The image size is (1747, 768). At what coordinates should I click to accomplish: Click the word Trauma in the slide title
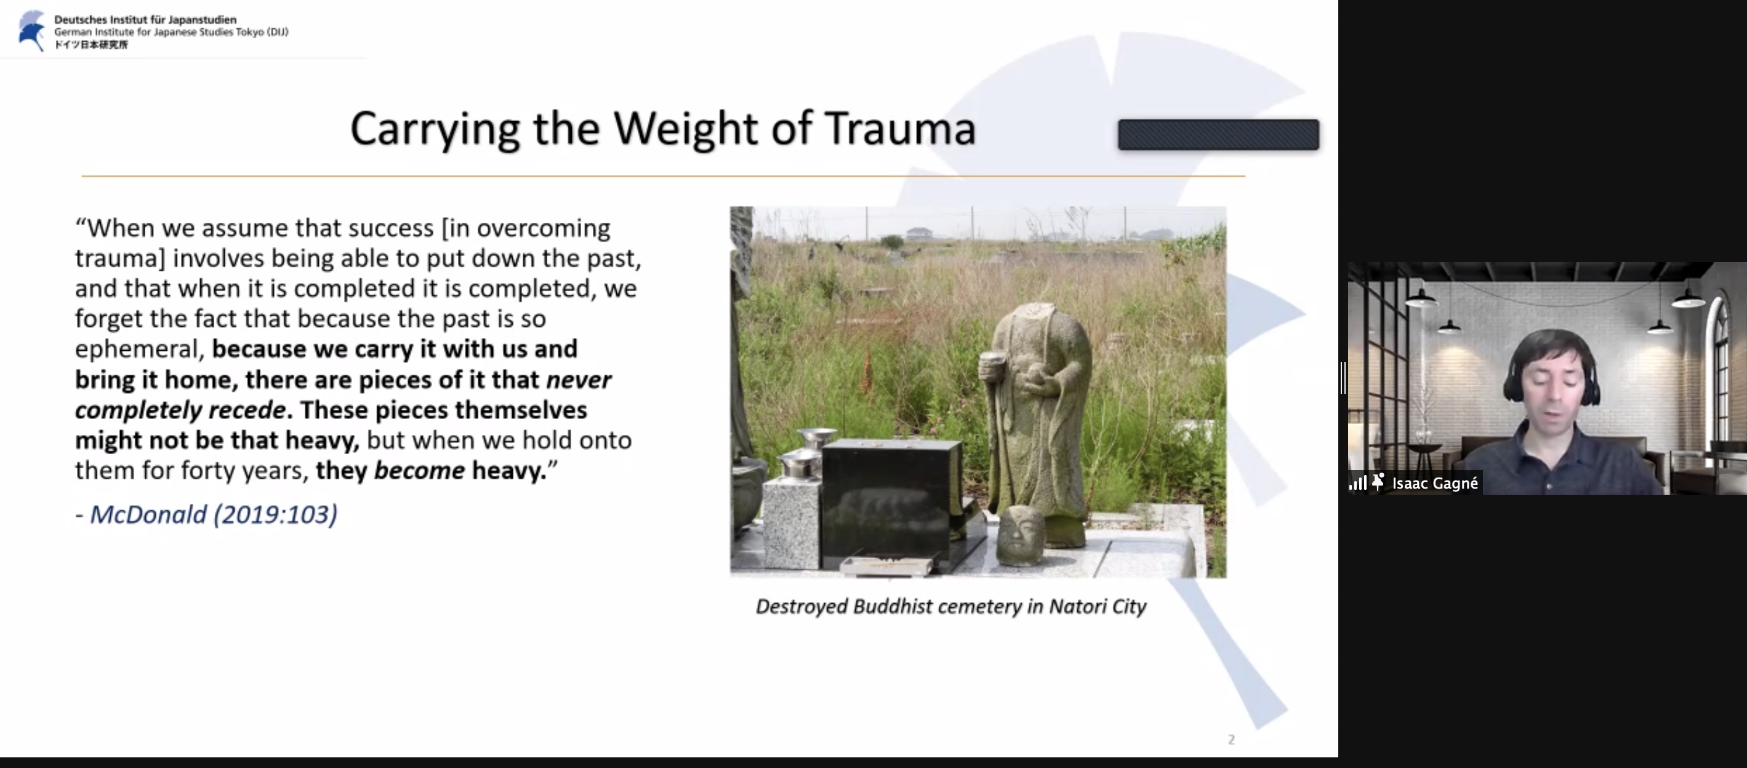(x=901, y=128)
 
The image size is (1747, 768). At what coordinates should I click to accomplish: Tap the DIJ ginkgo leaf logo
(x=31, y=31)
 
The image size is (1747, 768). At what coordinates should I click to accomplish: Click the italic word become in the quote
(x=419, y=470)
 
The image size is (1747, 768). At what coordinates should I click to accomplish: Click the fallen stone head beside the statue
(x=1020, y=534)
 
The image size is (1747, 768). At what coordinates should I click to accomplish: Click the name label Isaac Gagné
(x=1434, y=482)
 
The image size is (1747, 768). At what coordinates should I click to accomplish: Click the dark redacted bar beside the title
(x=1218, y=134)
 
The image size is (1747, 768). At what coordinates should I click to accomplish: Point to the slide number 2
(x=1231, y=740)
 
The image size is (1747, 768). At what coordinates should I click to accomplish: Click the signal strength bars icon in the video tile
(x=1358, y=482)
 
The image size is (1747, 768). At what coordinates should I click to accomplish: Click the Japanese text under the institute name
(x=91, y=45)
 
